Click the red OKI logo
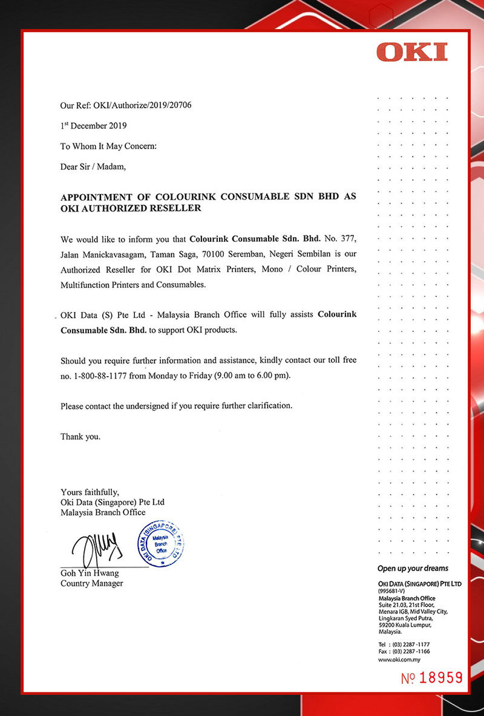(412, 52)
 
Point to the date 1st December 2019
(93, 126)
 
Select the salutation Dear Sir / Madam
(93, 168)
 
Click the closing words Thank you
(80, 436)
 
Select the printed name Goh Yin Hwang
(90, 573)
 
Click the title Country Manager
(91, 583)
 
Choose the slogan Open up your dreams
(413, 568)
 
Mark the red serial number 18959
(440, 677)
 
